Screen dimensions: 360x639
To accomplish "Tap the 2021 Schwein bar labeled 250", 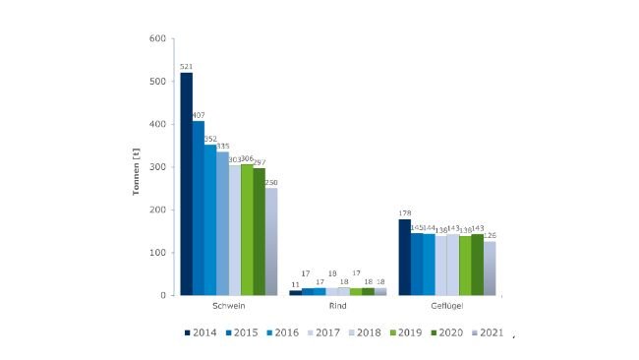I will tap(271, 242).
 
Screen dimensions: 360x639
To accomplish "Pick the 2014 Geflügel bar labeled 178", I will tap(404, 257).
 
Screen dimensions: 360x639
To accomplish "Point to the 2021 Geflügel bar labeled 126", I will tap(490, 269).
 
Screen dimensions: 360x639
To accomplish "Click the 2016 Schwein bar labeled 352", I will tap(210, 220).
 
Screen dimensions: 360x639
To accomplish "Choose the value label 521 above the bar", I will tap(186, 66).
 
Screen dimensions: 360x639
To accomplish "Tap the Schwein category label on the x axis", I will tap(228, 308).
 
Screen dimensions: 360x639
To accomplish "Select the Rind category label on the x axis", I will tap(337, 308).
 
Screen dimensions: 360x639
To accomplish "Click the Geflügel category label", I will tap(446, 308).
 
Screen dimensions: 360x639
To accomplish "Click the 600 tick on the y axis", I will tap(157, 39).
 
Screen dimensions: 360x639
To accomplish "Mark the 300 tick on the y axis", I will tap(157, 167).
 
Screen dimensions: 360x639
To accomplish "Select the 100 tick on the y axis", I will tap(157, 253).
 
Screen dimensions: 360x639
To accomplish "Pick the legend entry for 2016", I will tap(283, 332).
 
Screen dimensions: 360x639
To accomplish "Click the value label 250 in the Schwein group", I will tap(271, 182).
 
